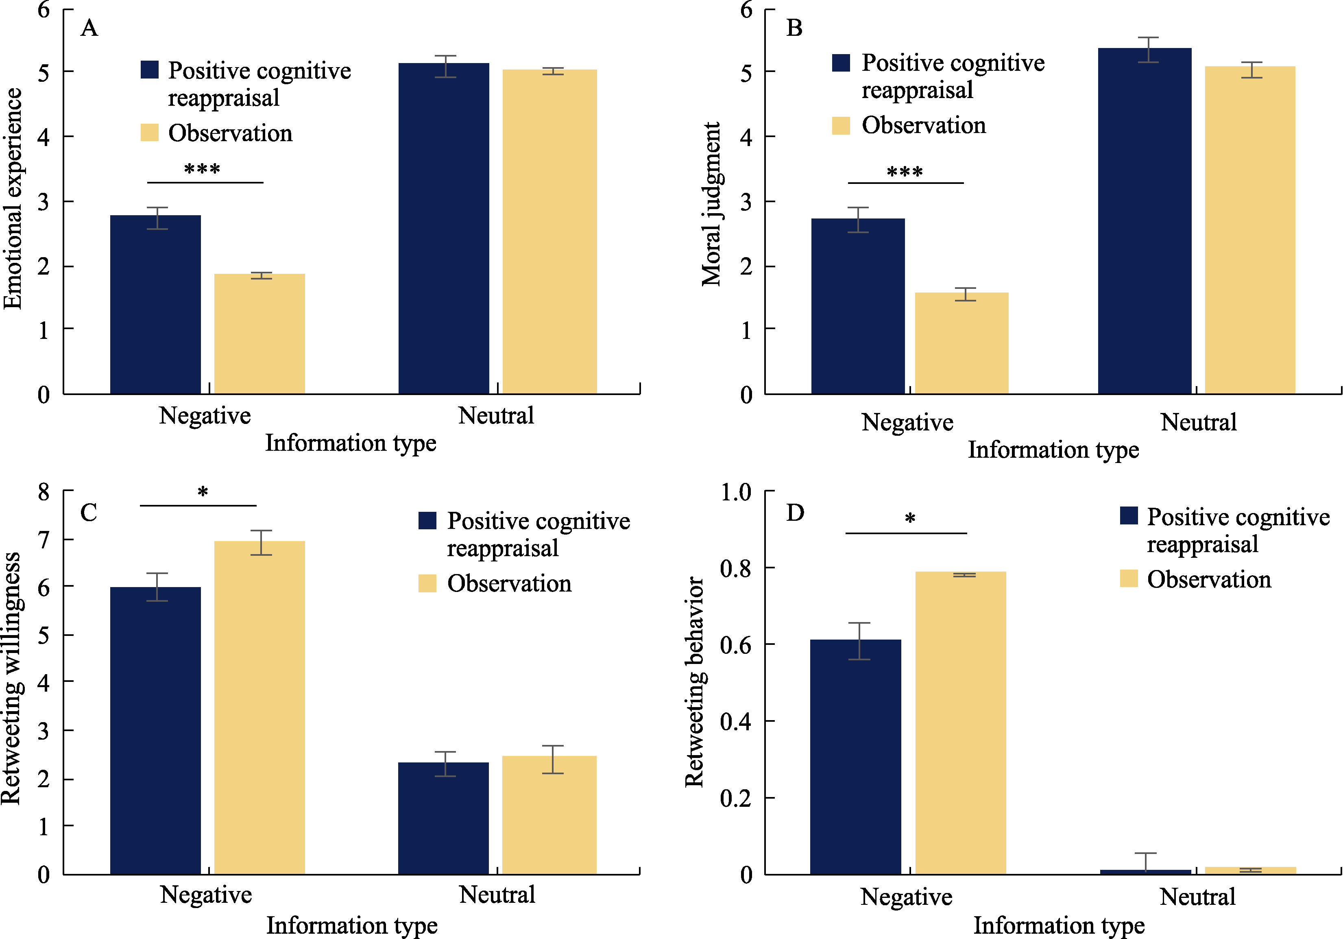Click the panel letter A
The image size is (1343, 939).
coord(89,28)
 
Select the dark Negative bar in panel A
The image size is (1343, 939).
coord(156,304)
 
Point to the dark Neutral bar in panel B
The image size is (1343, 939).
coord(1144,221)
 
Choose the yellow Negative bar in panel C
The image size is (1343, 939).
coord(259,708)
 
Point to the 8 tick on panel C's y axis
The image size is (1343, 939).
coord(44,491)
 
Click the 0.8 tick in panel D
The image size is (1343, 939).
coord(735,568)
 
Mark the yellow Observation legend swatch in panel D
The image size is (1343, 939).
coord(1128,578)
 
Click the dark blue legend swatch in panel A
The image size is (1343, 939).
coord(150,70)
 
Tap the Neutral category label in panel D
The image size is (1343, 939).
coord(1197,896)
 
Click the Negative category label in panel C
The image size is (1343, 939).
coord(206,895)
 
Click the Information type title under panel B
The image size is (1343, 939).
coord(1053,449)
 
